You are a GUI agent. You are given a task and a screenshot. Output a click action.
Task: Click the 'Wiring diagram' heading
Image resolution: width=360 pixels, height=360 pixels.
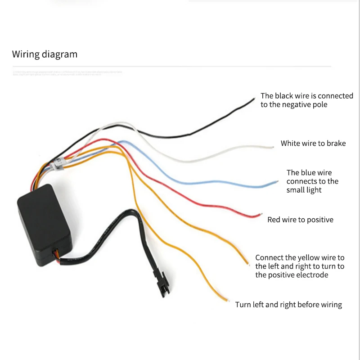(x=45, y=54)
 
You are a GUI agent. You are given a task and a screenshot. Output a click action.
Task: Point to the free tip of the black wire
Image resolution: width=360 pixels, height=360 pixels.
(x=254, y=98)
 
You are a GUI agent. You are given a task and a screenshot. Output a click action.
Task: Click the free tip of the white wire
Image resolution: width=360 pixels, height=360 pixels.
(x=273, y=147)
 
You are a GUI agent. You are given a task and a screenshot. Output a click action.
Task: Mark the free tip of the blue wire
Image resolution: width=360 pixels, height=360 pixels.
(x=278, y=181)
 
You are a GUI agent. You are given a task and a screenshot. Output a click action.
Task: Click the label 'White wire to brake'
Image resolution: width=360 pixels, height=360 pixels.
(x=313, y=144)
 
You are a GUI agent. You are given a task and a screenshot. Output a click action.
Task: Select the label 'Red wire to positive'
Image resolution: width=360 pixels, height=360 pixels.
(x=300, y=220)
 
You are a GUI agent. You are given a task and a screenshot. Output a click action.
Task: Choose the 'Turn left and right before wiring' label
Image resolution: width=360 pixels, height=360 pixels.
(x=288, y=305)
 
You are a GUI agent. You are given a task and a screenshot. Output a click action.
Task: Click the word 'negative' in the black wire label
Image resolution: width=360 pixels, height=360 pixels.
(x=298, y=104)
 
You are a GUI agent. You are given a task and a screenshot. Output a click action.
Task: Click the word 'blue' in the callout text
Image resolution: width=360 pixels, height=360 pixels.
(x=309, y=172)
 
